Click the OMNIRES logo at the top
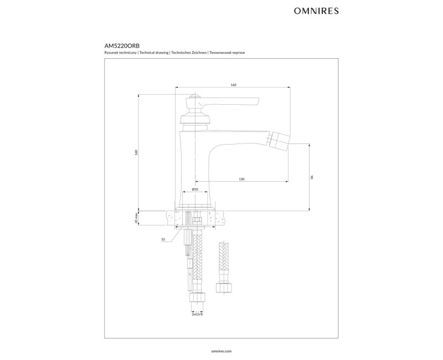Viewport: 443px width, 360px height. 316,11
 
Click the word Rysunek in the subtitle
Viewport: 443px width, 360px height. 110,53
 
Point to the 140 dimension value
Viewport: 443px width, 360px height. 233,85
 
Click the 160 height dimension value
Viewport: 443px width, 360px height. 136,152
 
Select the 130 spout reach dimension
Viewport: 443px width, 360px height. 241,179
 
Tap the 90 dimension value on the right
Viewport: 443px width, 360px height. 312,177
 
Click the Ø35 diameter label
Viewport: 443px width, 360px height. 195,189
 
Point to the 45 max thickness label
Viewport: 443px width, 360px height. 136,218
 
